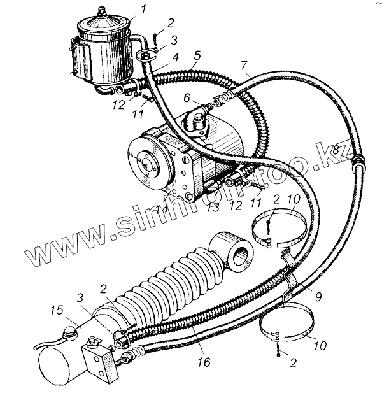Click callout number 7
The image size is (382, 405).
point(244,66)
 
